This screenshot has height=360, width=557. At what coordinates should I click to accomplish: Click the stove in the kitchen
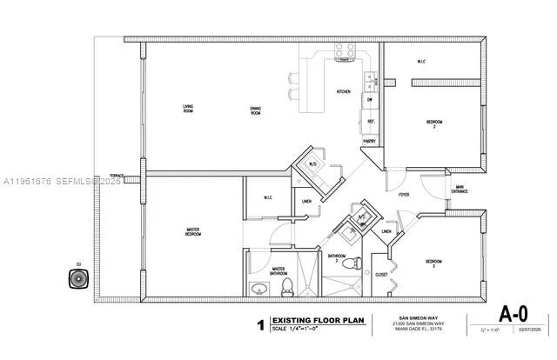pyautogui.click(x=345, y=51)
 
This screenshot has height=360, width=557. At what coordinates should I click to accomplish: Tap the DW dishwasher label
pyautogui.click(x=369, y=100)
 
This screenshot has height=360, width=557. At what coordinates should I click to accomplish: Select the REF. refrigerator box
pyautogui.click(x=370, y=122)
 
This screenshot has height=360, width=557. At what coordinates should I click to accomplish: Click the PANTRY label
pyautogui.click(x=369, y=141)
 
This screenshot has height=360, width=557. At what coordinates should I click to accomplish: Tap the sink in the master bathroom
pyautogui.click(x=258, y=289)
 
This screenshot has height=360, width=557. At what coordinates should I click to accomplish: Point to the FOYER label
pyautogui.click(x=404, y=195)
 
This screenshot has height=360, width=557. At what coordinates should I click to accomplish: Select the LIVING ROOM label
pyautogui.click(x=187, y=109)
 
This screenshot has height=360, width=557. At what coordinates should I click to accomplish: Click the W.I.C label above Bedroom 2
pyautogui.click(x=420, y=62)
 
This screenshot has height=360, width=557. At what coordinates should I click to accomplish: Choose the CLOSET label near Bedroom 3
pyautogui.click(x=380, y=275)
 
